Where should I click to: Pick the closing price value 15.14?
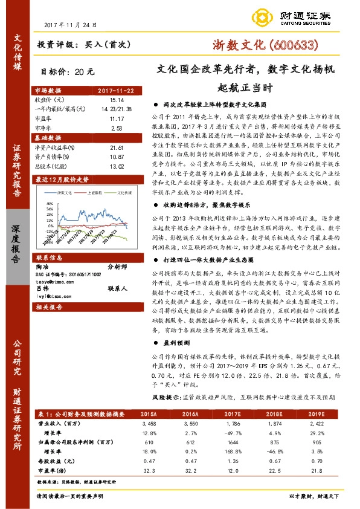click(117, 100)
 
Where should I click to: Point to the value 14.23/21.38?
click(117, 109)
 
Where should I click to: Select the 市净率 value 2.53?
click(117, 128)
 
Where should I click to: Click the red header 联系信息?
click(49, 256)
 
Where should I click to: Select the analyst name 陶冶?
click(43, 265)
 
